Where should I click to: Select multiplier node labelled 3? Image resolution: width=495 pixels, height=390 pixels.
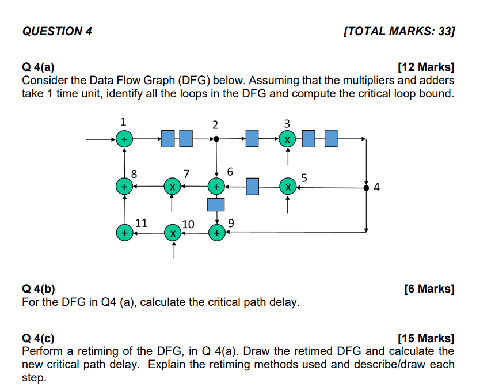287,139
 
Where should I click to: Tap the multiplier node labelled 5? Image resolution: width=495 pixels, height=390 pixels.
287,187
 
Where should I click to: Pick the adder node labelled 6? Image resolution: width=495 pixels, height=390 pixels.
216,187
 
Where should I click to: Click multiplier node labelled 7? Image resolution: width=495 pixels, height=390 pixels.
172,187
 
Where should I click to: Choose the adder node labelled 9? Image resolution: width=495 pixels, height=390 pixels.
216,233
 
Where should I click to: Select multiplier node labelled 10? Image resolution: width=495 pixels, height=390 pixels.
172,233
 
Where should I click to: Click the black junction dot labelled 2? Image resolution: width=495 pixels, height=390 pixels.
216,139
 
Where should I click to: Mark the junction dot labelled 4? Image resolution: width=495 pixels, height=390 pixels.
367,187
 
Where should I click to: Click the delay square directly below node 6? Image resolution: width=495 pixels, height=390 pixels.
216,204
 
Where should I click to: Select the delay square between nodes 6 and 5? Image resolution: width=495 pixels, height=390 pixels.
251,187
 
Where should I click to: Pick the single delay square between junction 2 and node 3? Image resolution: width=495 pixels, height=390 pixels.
252,139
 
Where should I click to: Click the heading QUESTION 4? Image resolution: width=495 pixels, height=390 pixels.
56,31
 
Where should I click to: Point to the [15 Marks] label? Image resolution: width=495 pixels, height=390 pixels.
426,338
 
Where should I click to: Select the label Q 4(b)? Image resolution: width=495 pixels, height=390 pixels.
39,289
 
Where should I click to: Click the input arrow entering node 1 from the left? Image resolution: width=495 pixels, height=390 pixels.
101,139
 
